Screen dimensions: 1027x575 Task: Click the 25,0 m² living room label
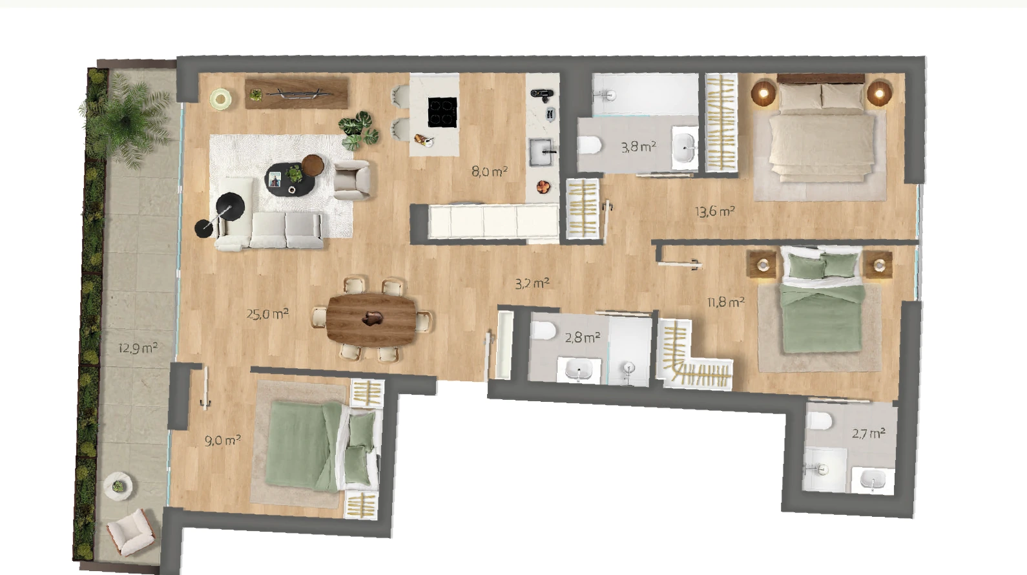267,314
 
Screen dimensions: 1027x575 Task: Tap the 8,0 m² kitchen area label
489,171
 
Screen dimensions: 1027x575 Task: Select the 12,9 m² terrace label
138,348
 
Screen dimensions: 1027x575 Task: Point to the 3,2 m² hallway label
532,284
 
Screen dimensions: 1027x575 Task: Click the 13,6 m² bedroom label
715,212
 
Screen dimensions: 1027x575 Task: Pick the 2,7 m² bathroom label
868,434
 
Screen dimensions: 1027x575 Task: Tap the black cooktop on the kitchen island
442,112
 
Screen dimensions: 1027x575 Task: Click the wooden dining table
371,319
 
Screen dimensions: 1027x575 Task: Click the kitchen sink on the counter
542,152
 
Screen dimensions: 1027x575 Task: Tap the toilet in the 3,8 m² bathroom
589,145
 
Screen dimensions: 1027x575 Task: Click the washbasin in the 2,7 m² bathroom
873,481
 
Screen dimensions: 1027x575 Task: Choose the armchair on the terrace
131,532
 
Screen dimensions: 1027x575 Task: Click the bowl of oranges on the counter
543,187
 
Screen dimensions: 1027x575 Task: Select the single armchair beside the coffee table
351,180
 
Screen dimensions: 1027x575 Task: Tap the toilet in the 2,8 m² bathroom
543,330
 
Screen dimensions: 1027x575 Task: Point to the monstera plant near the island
359,131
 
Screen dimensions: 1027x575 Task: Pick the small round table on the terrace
118,486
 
